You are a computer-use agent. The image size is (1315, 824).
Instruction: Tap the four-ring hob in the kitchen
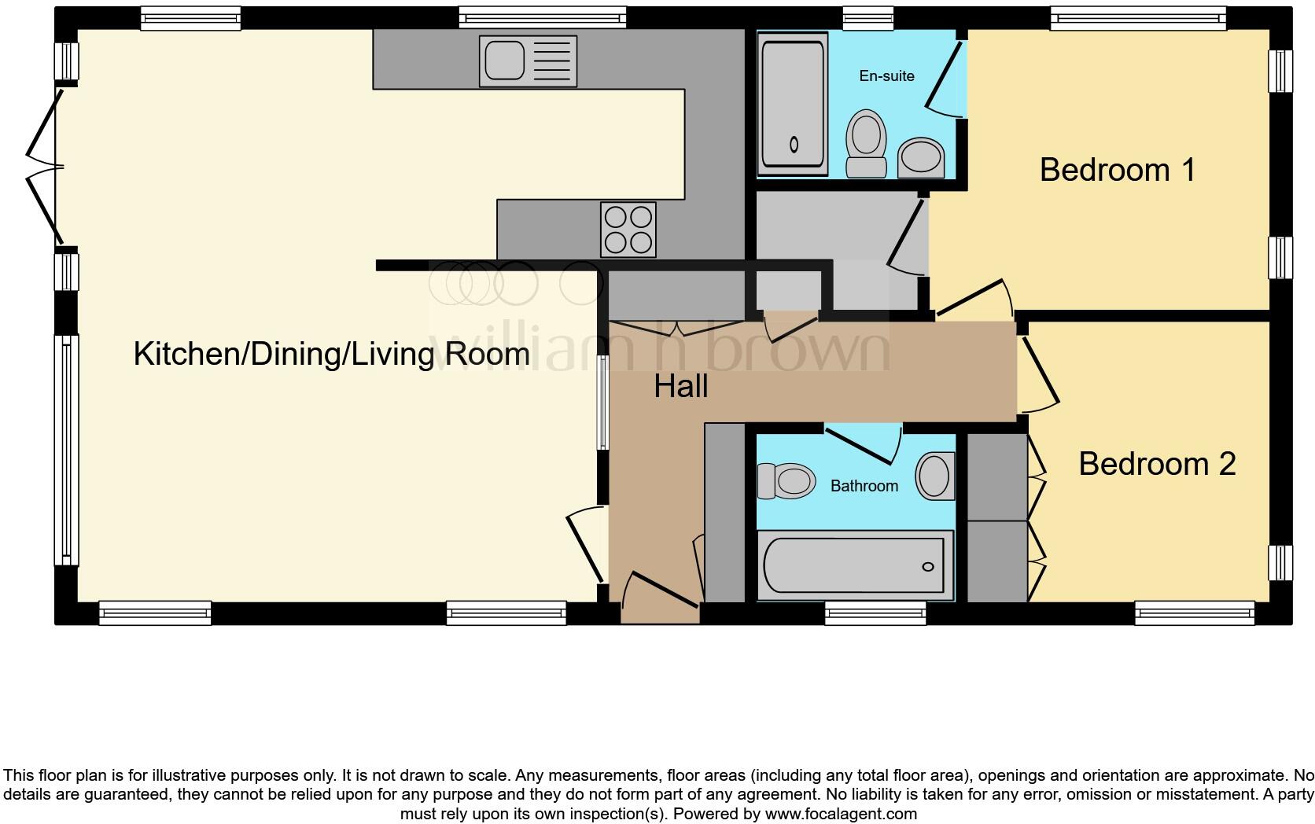628,230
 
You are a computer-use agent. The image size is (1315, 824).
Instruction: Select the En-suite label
886,76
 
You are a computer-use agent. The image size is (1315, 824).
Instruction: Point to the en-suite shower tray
793,102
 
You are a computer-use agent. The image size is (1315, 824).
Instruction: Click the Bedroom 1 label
1117,170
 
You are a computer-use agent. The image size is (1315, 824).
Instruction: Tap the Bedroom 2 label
1156,464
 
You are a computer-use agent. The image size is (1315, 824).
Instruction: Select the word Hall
681,387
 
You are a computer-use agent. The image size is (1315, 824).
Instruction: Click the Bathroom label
864,486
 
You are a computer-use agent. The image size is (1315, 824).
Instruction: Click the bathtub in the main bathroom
853,565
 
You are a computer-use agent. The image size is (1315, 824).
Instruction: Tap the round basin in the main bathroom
934,476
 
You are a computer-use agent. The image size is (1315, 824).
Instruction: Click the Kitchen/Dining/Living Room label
331,354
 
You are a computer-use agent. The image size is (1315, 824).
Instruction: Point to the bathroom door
864,445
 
